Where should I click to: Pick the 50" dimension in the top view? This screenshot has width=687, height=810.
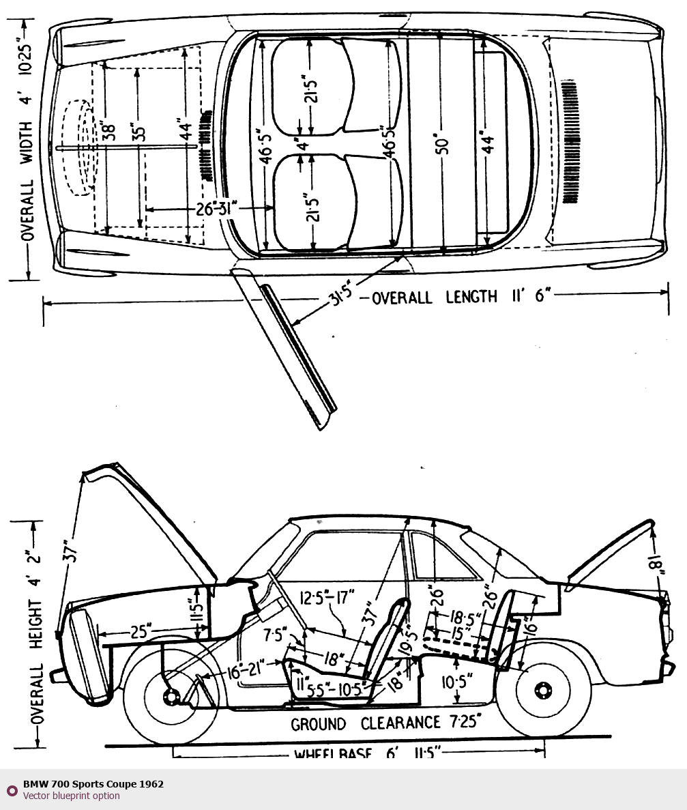443,146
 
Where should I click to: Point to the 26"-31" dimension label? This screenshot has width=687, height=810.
216,209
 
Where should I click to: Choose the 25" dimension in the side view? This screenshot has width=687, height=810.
139,633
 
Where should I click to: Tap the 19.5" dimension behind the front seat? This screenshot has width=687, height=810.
409,639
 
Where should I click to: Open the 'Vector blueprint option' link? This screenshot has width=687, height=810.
71,796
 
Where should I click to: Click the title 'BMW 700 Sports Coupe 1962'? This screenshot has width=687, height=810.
93,784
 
